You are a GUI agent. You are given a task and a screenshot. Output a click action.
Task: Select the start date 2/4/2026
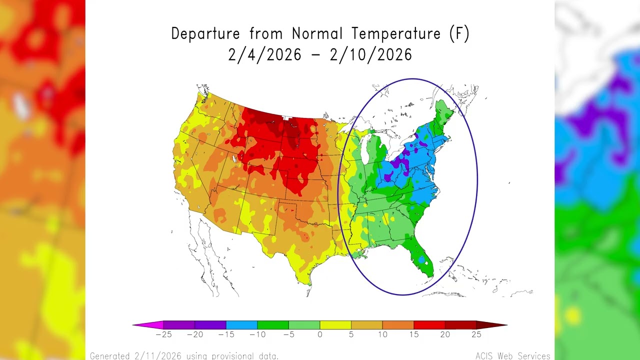(264, 55)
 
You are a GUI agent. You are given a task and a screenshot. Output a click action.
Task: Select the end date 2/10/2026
(371, 55)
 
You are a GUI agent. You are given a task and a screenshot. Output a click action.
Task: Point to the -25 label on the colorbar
(163, 334)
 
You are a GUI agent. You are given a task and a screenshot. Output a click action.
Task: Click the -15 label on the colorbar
(226, 334)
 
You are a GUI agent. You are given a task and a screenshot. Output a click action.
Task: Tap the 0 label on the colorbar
(320, 334)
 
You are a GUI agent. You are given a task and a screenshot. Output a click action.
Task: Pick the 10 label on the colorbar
(382, 334)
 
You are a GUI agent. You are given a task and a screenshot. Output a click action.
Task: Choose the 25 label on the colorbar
(476, 334)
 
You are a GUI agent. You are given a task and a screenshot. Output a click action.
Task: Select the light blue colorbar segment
(241, 325)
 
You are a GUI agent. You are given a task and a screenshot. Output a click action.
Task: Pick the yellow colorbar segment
(335, 325)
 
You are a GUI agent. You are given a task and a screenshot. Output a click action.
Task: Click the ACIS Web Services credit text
(512, 356)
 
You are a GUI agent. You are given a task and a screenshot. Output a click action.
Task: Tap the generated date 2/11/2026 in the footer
(158, 356)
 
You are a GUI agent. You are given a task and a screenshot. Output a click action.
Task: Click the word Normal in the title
(317, 34)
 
